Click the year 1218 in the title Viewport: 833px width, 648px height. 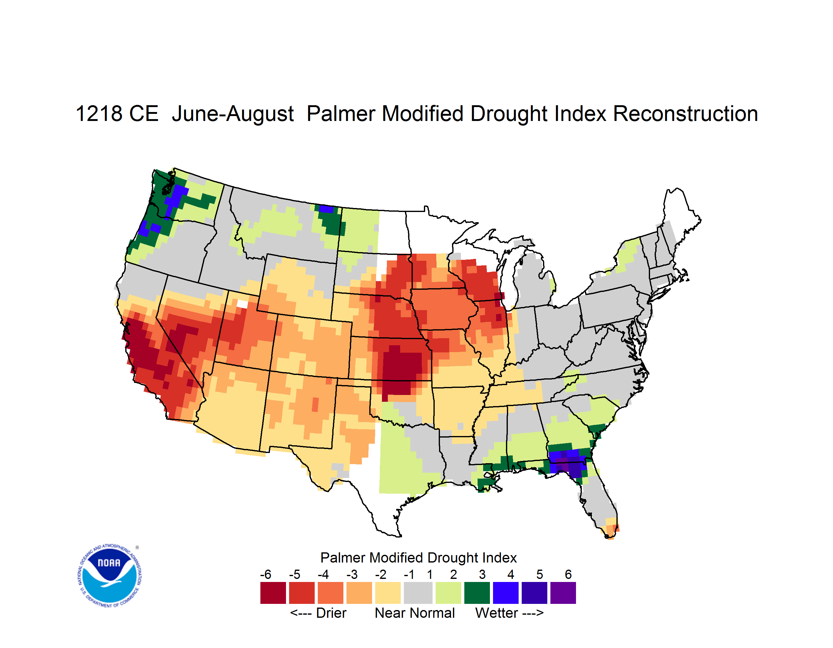[x=97, y=114]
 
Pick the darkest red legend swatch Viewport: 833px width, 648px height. [x=273, y=593]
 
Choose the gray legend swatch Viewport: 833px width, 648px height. [x=418, y=593]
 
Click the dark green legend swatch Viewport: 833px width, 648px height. [x=477, y=593]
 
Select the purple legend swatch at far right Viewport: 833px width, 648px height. [x=563, y=593]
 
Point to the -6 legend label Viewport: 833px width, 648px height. [x=266, y=574]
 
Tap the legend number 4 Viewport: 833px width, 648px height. [x=511, y=574]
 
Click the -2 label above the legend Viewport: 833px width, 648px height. [x=381, y=574]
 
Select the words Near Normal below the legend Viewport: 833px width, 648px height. [x=415, y=613]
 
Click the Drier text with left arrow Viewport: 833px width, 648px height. [x=318, y=613]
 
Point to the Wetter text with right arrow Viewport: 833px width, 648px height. [x=509, y=613]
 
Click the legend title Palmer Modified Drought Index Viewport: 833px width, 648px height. [x=418, y=558]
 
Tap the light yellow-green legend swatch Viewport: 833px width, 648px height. [x=448, y=593]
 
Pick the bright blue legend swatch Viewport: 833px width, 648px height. [x=506, y=593]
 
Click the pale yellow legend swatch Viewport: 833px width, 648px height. [x=388, y=593]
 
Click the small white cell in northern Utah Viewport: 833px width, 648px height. [x=242, y=304]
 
